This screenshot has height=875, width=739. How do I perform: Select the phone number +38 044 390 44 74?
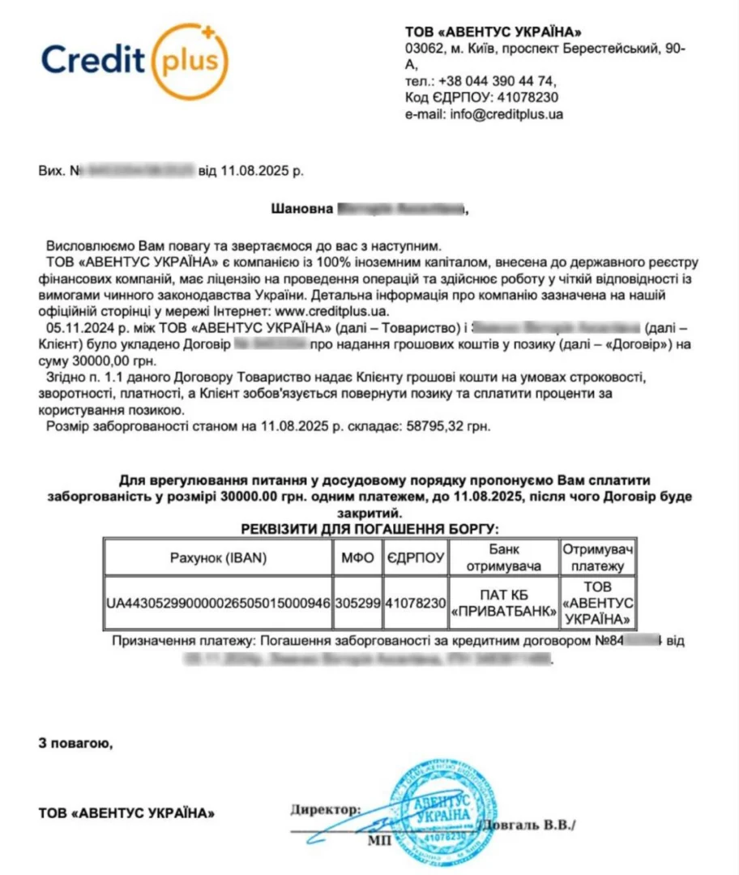(x=496, y=81)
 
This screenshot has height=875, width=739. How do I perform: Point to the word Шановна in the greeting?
(x=301, y=209)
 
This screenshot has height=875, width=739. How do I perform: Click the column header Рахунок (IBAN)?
(x=218, y=557)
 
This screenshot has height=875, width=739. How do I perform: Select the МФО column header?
(x=357, y=557)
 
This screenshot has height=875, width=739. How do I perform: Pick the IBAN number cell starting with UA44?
(x=219, y=603)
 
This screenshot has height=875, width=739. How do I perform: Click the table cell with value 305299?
(x=357, y=603)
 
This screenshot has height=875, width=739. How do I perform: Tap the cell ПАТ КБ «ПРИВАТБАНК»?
(x=502, y=603)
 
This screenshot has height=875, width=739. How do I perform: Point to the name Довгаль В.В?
(x=528, y=826)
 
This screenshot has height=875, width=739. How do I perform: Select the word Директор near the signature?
(x=323, y=809)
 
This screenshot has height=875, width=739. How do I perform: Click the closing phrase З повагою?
(x=72, y=741)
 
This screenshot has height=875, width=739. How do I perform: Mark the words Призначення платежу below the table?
(x=182, y=641)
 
